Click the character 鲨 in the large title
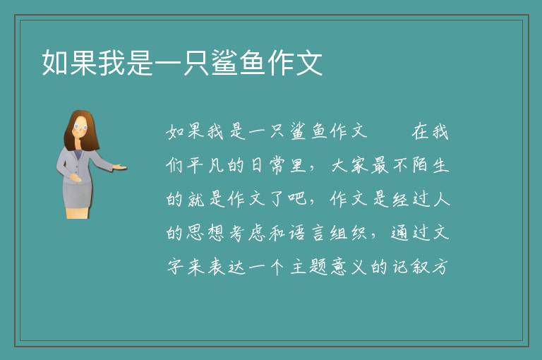[x=224, y=63]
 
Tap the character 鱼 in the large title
[x=253, y=63]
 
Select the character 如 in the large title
[x=55, y=63]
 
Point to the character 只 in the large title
[x=196, y=63]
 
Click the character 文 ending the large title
[x=309, y=63]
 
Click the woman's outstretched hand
[x=119, y=167]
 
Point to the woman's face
[x=80, y=127]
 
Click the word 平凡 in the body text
[x=205, y=165]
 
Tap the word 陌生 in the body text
[x=430, y=165]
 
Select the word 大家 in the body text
[x=350, y=165]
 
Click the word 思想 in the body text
[x=205, y=233]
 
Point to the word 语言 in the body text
[x=307, y=233]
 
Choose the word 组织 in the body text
[x=348, y=233]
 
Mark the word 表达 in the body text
[x=226, y=267]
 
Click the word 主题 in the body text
[x=308, y=267]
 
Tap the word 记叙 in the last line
[x=410, y=267]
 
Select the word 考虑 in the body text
[x=246, y=233]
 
